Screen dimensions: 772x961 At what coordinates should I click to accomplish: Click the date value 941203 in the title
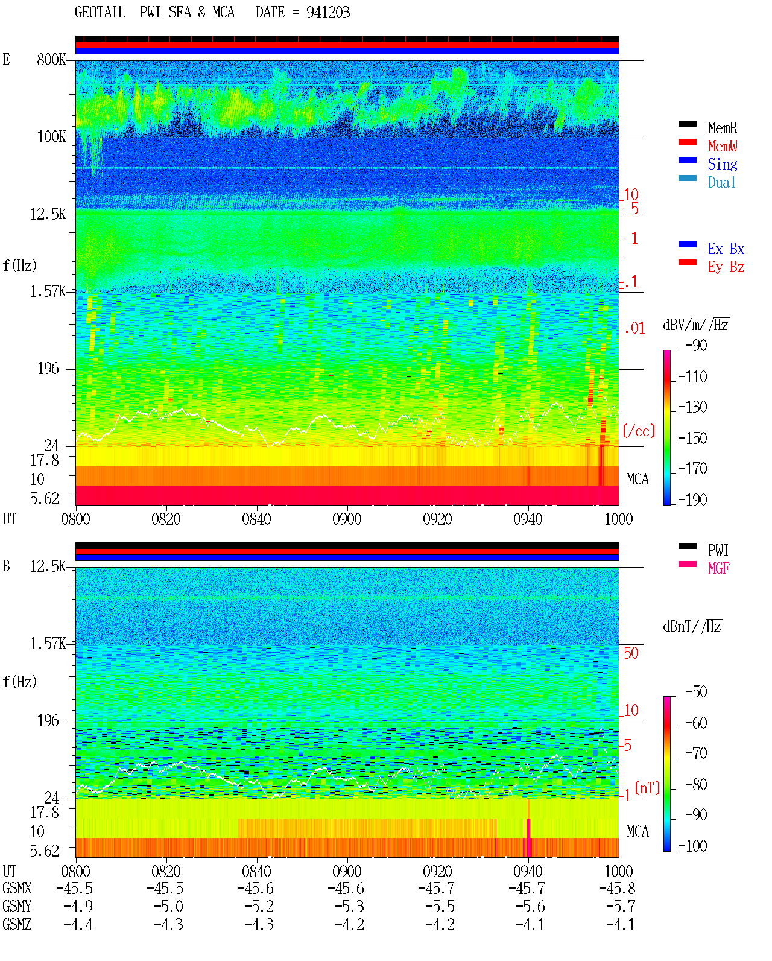tap(327, 13)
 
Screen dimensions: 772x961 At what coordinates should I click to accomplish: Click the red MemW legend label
tap(723, 146)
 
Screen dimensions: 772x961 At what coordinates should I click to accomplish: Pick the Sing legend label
tap(722, 164)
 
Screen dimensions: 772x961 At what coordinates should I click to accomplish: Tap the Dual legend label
tap(721, 182)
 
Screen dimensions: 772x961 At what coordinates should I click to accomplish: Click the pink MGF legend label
tap(718, 568)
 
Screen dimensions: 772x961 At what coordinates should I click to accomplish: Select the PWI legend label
tap(718, 550)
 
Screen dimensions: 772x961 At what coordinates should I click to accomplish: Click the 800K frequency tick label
tap(51, 59)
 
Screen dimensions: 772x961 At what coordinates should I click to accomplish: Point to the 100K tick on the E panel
tap(51, 137)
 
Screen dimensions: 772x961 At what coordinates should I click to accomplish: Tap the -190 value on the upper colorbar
tap(692, 500)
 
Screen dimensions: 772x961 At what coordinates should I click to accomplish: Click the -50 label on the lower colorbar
tap(696, 692)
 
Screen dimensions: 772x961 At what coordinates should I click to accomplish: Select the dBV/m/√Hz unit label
tap(695, 325)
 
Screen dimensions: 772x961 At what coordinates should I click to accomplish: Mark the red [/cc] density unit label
tap(639, 431)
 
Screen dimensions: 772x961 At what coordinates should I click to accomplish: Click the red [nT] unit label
tap(647, 788)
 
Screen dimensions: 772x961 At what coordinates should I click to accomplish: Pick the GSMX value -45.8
tap(617, 888)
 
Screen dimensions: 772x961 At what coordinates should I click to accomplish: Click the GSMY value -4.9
tap(78, 907)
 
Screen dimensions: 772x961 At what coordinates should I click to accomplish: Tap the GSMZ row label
tap(17, 924)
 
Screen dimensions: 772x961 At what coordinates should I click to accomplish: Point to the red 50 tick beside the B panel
tap(631, 653)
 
